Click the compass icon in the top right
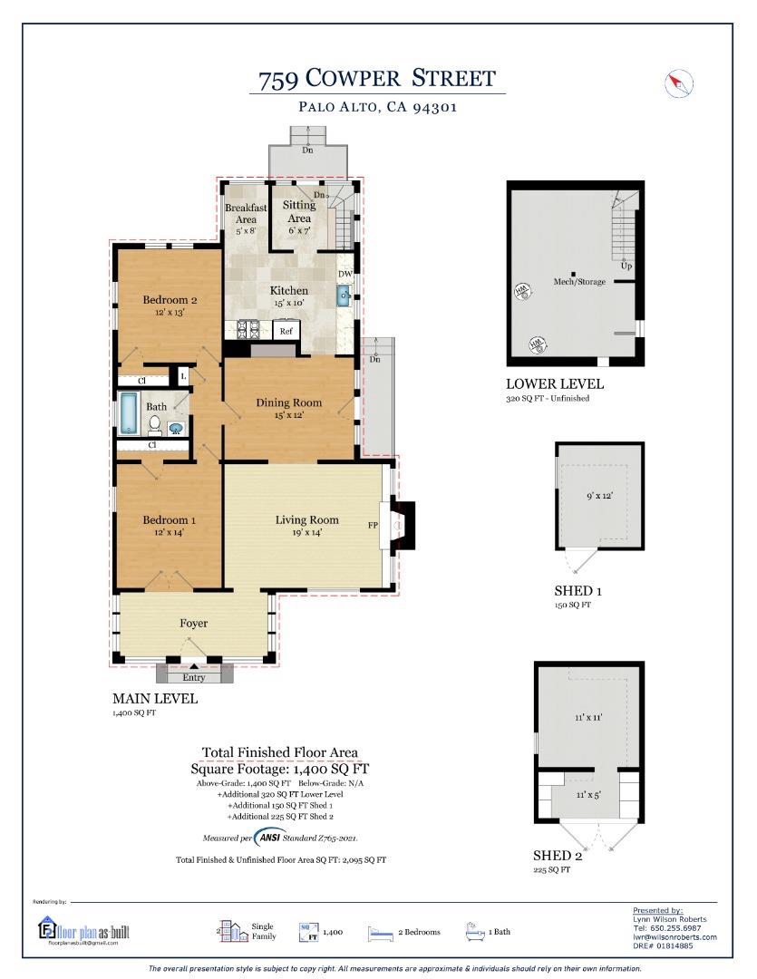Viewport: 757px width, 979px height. pos(679,83)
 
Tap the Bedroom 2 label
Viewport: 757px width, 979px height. pos(170,300)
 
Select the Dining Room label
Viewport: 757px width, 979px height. pos(288,402)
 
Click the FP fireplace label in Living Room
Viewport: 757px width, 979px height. pos(372,525)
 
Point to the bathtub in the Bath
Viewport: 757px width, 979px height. pos(129,413)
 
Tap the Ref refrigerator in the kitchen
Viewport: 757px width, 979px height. pos(286,332)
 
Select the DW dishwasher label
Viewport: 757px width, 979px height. pos(345,274)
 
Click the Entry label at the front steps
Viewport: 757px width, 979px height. pos(194,677)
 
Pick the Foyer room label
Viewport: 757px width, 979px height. pos(193,624)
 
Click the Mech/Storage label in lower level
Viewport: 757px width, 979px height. pos(579,282)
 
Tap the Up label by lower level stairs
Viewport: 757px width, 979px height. pos(626,267)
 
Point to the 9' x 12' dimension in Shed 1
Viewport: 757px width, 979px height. pos(599,496)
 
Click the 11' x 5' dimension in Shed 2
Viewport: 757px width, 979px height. pos(587,795)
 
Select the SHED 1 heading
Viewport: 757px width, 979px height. pos(577,591)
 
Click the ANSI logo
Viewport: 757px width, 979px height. pos(269,837)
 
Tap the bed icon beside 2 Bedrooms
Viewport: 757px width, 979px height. pos(381,931)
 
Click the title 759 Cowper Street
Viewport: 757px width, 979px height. pos(377,79)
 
